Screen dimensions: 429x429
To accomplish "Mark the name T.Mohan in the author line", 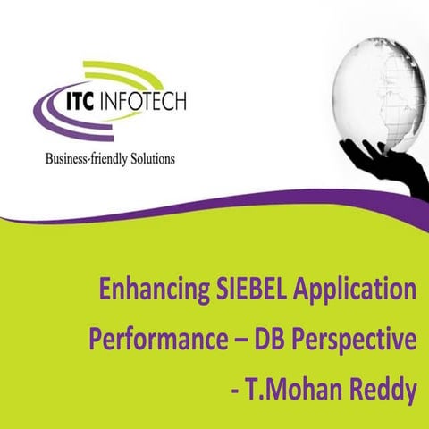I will [303, 391].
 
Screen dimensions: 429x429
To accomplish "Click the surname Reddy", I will [386, 391].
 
